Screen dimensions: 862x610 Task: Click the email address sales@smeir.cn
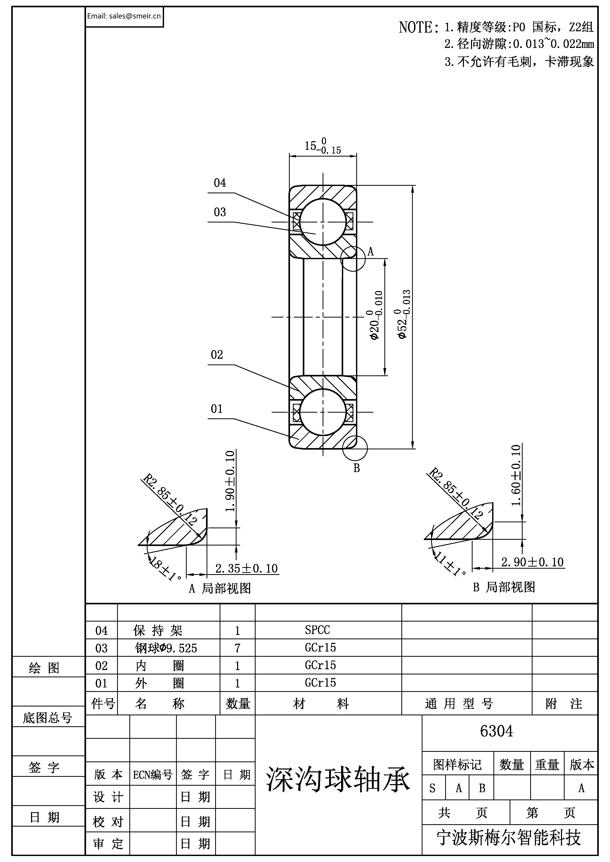pyautogui.click(x=124, y=16)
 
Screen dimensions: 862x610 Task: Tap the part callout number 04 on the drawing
pyautogui.click(x=220, y=183)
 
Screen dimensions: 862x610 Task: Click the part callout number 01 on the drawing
pyautogui.click(x=217, y=409)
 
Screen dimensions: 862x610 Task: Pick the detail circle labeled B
pyautogui.click(x=355, y=448)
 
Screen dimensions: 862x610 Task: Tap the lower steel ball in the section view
pyautogui.click(x=323, y=412)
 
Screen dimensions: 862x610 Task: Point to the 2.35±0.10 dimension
pyautogui.click(x=246, y=568)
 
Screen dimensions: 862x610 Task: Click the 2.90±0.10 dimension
pyautogui.click(x=532, y=562)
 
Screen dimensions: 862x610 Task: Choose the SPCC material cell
pyautogui.click(x=317, y=630)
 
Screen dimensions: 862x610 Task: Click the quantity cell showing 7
pyautogui.click(x=237, y=648)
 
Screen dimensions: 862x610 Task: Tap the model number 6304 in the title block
pyautogui.click(x=497, y=731)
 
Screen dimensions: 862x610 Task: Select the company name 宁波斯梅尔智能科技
pyautogui.click(x=509, y=838)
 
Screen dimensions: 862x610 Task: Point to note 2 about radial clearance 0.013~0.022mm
pyautogui.click(x=519, y=44)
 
